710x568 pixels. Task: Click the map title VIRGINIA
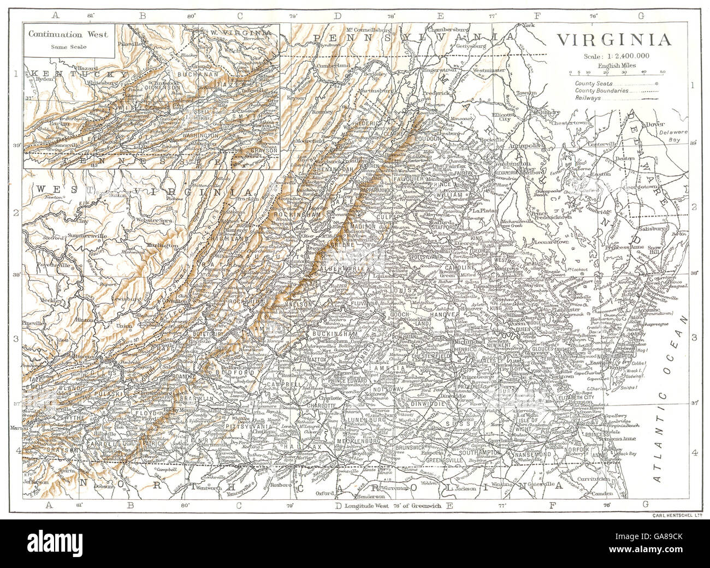pyautogui.click(x=614, y=40)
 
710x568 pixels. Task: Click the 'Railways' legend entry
pyautogui.click(x=588, y=98)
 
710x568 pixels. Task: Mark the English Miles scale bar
pyautogui.click(x=616, y=72)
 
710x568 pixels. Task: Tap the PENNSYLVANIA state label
pyautogui.click(x=415, y=37)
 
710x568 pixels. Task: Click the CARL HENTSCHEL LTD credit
pyautogui.click(x=677, y=515)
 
